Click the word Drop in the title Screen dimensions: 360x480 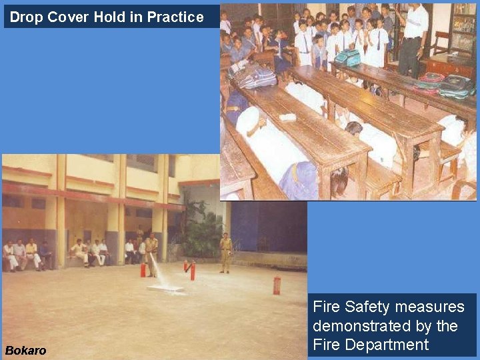pos(26,17)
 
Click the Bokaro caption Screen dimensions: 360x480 pos(26,350)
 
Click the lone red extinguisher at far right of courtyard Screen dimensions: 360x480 pos(276,285)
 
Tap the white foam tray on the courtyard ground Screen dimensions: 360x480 pos(165,289)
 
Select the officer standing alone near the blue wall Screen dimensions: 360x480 pos(226,252)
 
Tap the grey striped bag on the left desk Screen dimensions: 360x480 pos(254,75)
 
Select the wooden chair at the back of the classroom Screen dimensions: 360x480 pos(440,43)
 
